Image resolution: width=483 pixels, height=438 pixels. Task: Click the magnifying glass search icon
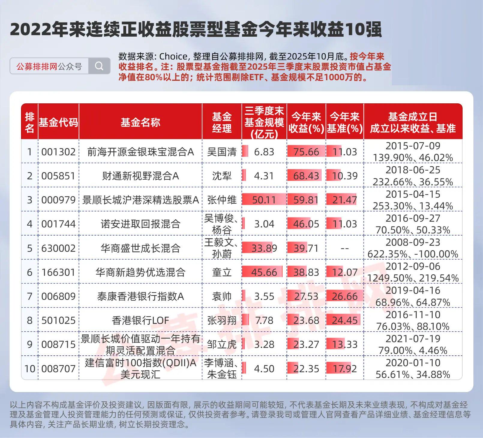click(99, 66)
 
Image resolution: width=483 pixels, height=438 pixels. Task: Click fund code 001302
click(58, 152)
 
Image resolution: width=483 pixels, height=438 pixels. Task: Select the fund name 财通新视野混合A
click(140, 176)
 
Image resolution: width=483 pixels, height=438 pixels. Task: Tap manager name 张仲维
click(222, 200)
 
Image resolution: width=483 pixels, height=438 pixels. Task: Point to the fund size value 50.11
click(264, 200)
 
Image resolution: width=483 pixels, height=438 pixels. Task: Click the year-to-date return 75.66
click(306, 152)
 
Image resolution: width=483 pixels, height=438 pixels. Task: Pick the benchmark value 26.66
click(345, 297)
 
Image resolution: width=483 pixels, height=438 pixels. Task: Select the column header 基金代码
click(58, 122)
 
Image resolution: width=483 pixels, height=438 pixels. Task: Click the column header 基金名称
click(140, 122)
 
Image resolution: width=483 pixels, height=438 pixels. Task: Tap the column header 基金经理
click(222, 122)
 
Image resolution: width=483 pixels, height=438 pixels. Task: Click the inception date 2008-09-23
click(413, 242)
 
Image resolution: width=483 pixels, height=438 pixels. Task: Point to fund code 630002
click(58, 248)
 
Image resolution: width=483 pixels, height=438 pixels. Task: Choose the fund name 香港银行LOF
click(140, 321)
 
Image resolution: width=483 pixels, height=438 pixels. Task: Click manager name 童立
click(222, 272)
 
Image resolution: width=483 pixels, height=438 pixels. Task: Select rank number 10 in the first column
click(30, 369)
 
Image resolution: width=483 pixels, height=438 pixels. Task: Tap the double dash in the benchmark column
click(345, 248)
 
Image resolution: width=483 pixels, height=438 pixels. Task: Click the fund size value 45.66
click(264, 272)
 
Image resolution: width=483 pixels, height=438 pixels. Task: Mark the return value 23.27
click(306, 344)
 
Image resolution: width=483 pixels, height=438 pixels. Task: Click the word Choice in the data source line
click(173, 56)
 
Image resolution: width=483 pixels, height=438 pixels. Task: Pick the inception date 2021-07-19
click(413, 339)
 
